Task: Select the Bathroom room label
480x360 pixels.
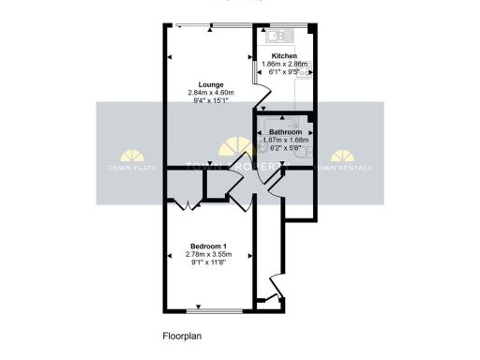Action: click(285, 133)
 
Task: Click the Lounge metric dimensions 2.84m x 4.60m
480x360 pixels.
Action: click(210, 93)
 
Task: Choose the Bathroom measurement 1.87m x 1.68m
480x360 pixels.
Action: click(285, 141)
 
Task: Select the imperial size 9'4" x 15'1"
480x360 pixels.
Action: click(210, 101)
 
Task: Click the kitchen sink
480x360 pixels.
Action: click(279, 36)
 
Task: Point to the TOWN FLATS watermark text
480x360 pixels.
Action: click(132, 169)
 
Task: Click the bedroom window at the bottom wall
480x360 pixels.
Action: click(211, 309)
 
